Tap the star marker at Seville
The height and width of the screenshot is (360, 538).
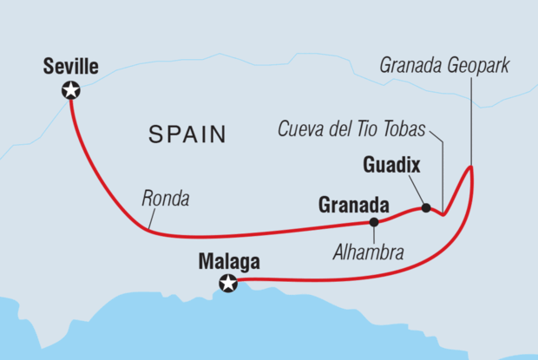(69, 89)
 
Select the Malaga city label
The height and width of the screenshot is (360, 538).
(228, 260)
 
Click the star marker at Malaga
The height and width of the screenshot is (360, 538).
(228, 283)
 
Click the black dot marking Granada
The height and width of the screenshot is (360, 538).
(374, 222)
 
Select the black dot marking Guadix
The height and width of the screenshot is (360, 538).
(425, 207)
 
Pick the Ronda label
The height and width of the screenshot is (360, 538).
(166, 199)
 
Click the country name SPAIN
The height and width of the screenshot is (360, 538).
(187, 134)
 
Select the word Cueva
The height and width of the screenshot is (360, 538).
(301, 128)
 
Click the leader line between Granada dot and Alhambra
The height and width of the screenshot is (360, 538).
(374, 233)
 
